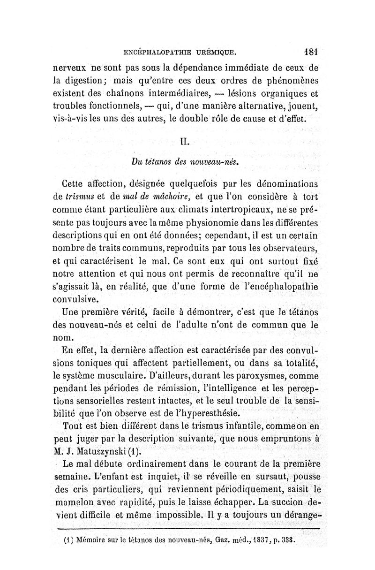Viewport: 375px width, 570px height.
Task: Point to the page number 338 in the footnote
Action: click(290, 540)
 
